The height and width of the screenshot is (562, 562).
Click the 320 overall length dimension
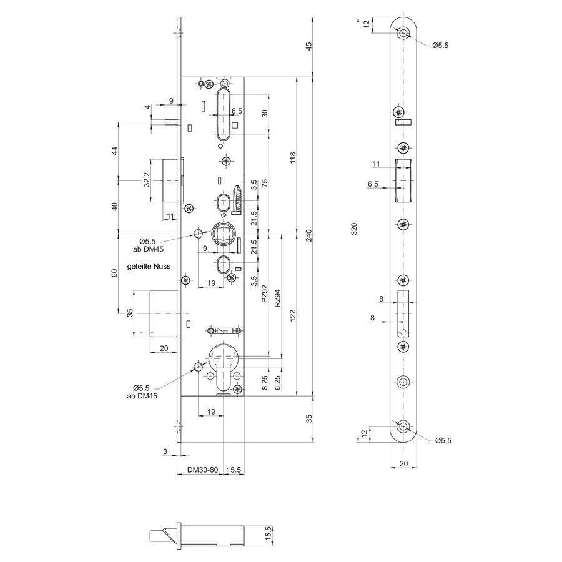[x=354, y=229]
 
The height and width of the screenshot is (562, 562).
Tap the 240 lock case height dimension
[x=309, y=235]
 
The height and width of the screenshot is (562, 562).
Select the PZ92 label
[x=265, y=293]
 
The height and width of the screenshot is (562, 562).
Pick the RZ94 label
[x=277, y=298]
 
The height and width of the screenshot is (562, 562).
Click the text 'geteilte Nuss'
[x=149, y=266]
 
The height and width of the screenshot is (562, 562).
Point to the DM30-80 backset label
[x=202, y=470]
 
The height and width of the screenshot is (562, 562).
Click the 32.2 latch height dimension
[x=147, y=179]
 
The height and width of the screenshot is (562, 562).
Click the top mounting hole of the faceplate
[x=403, y=33]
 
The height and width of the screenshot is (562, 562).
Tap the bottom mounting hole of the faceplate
[x=403, y=426]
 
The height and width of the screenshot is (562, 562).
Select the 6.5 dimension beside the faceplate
[x=373, y=184]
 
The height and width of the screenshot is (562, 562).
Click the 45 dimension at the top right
[x=309, y=46]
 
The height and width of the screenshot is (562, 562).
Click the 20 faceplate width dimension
[x=403, y=464]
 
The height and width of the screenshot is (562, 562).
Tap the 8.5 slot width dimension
[x=237, y=111]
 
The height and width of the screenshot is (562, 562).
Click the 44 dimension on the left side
[x=114, y=150]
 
